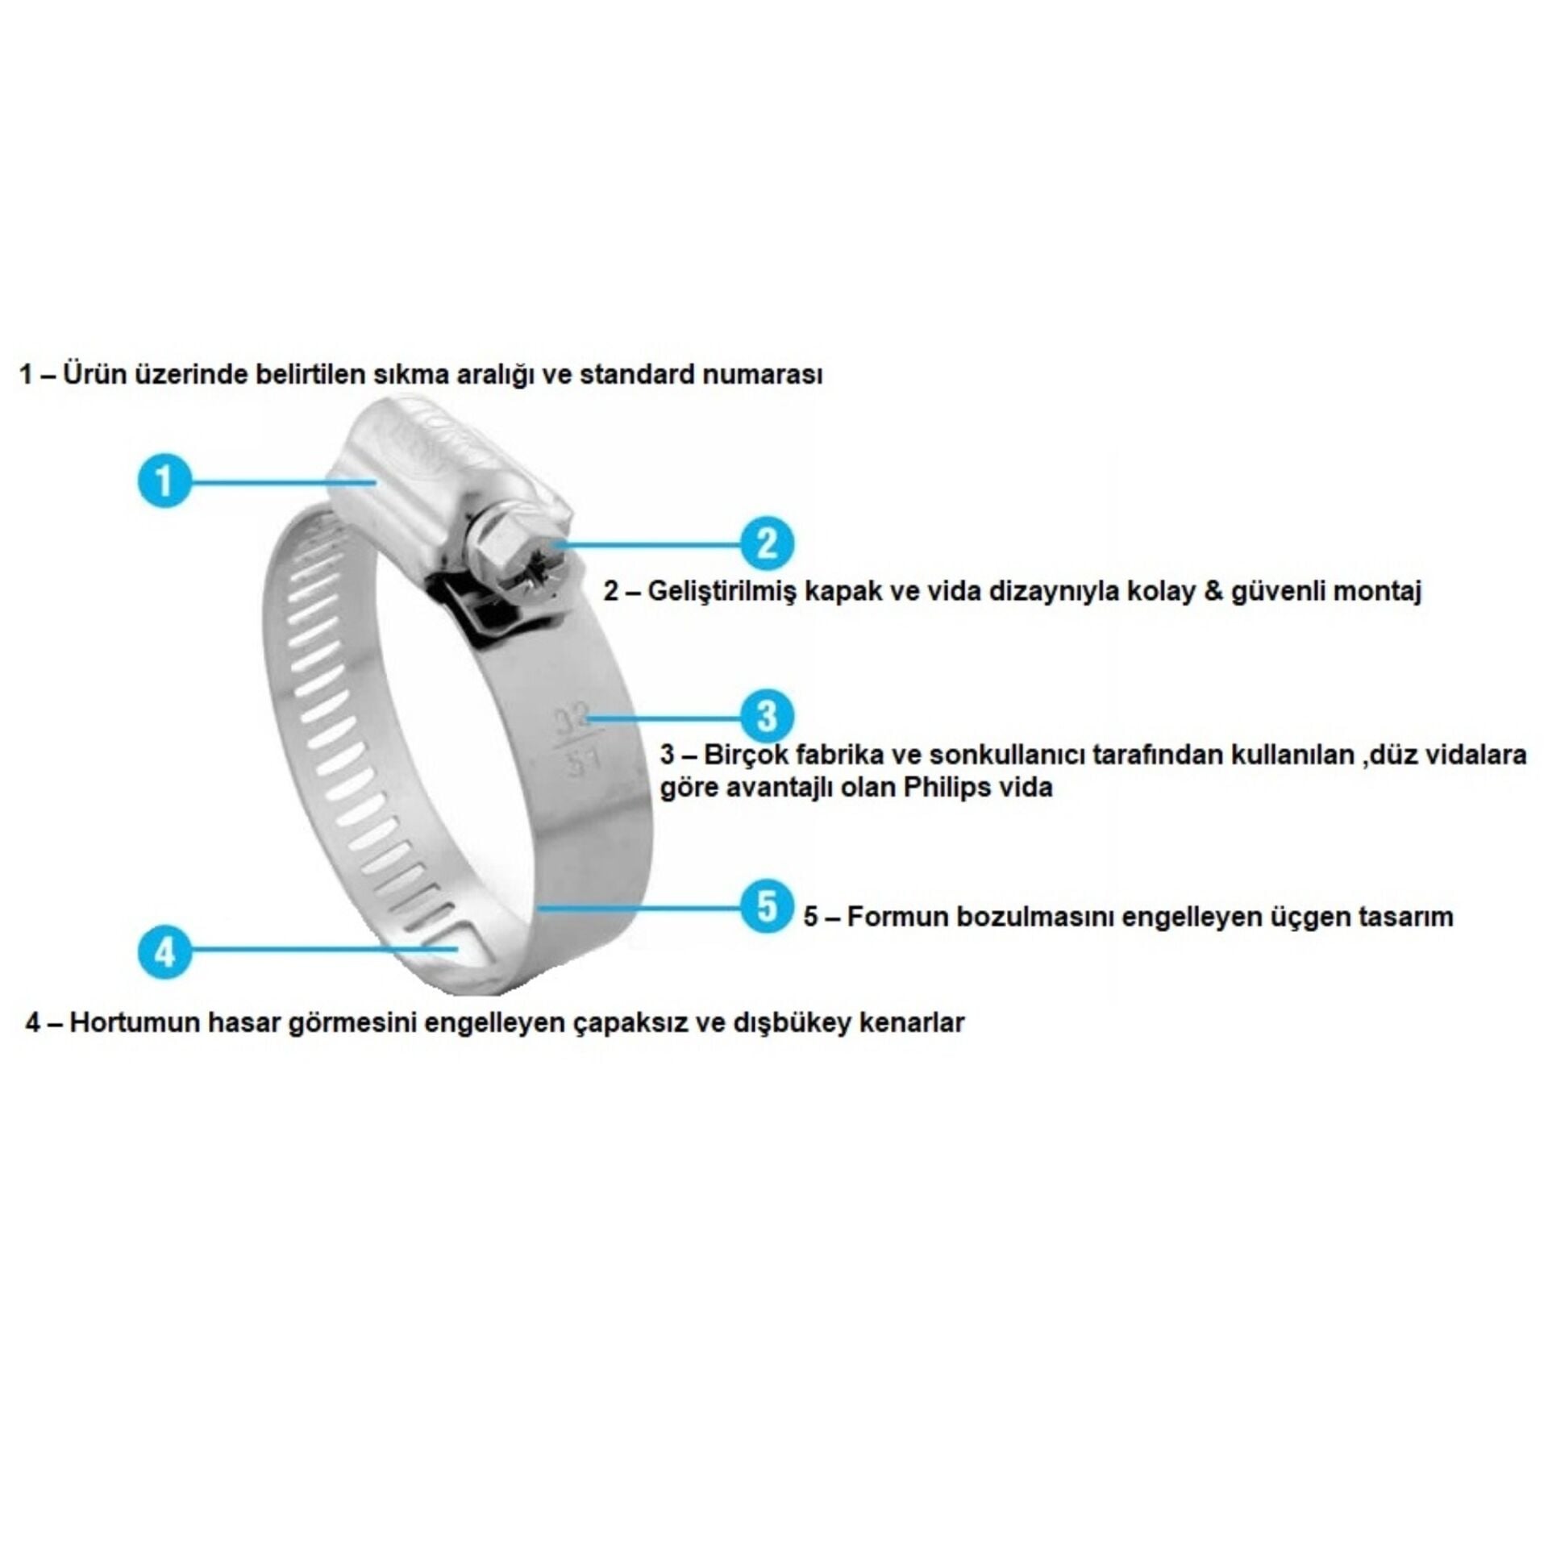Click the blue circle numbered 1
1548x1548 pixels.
pos(164,481)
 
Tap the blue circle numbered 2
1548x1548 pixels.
pos(767,543)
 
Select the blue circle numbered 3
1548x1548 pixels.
pos(767,715)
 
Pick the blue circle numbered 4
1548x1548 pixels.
pos(164,952)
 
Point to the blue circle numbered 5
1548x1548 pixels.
pos(767,906)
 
